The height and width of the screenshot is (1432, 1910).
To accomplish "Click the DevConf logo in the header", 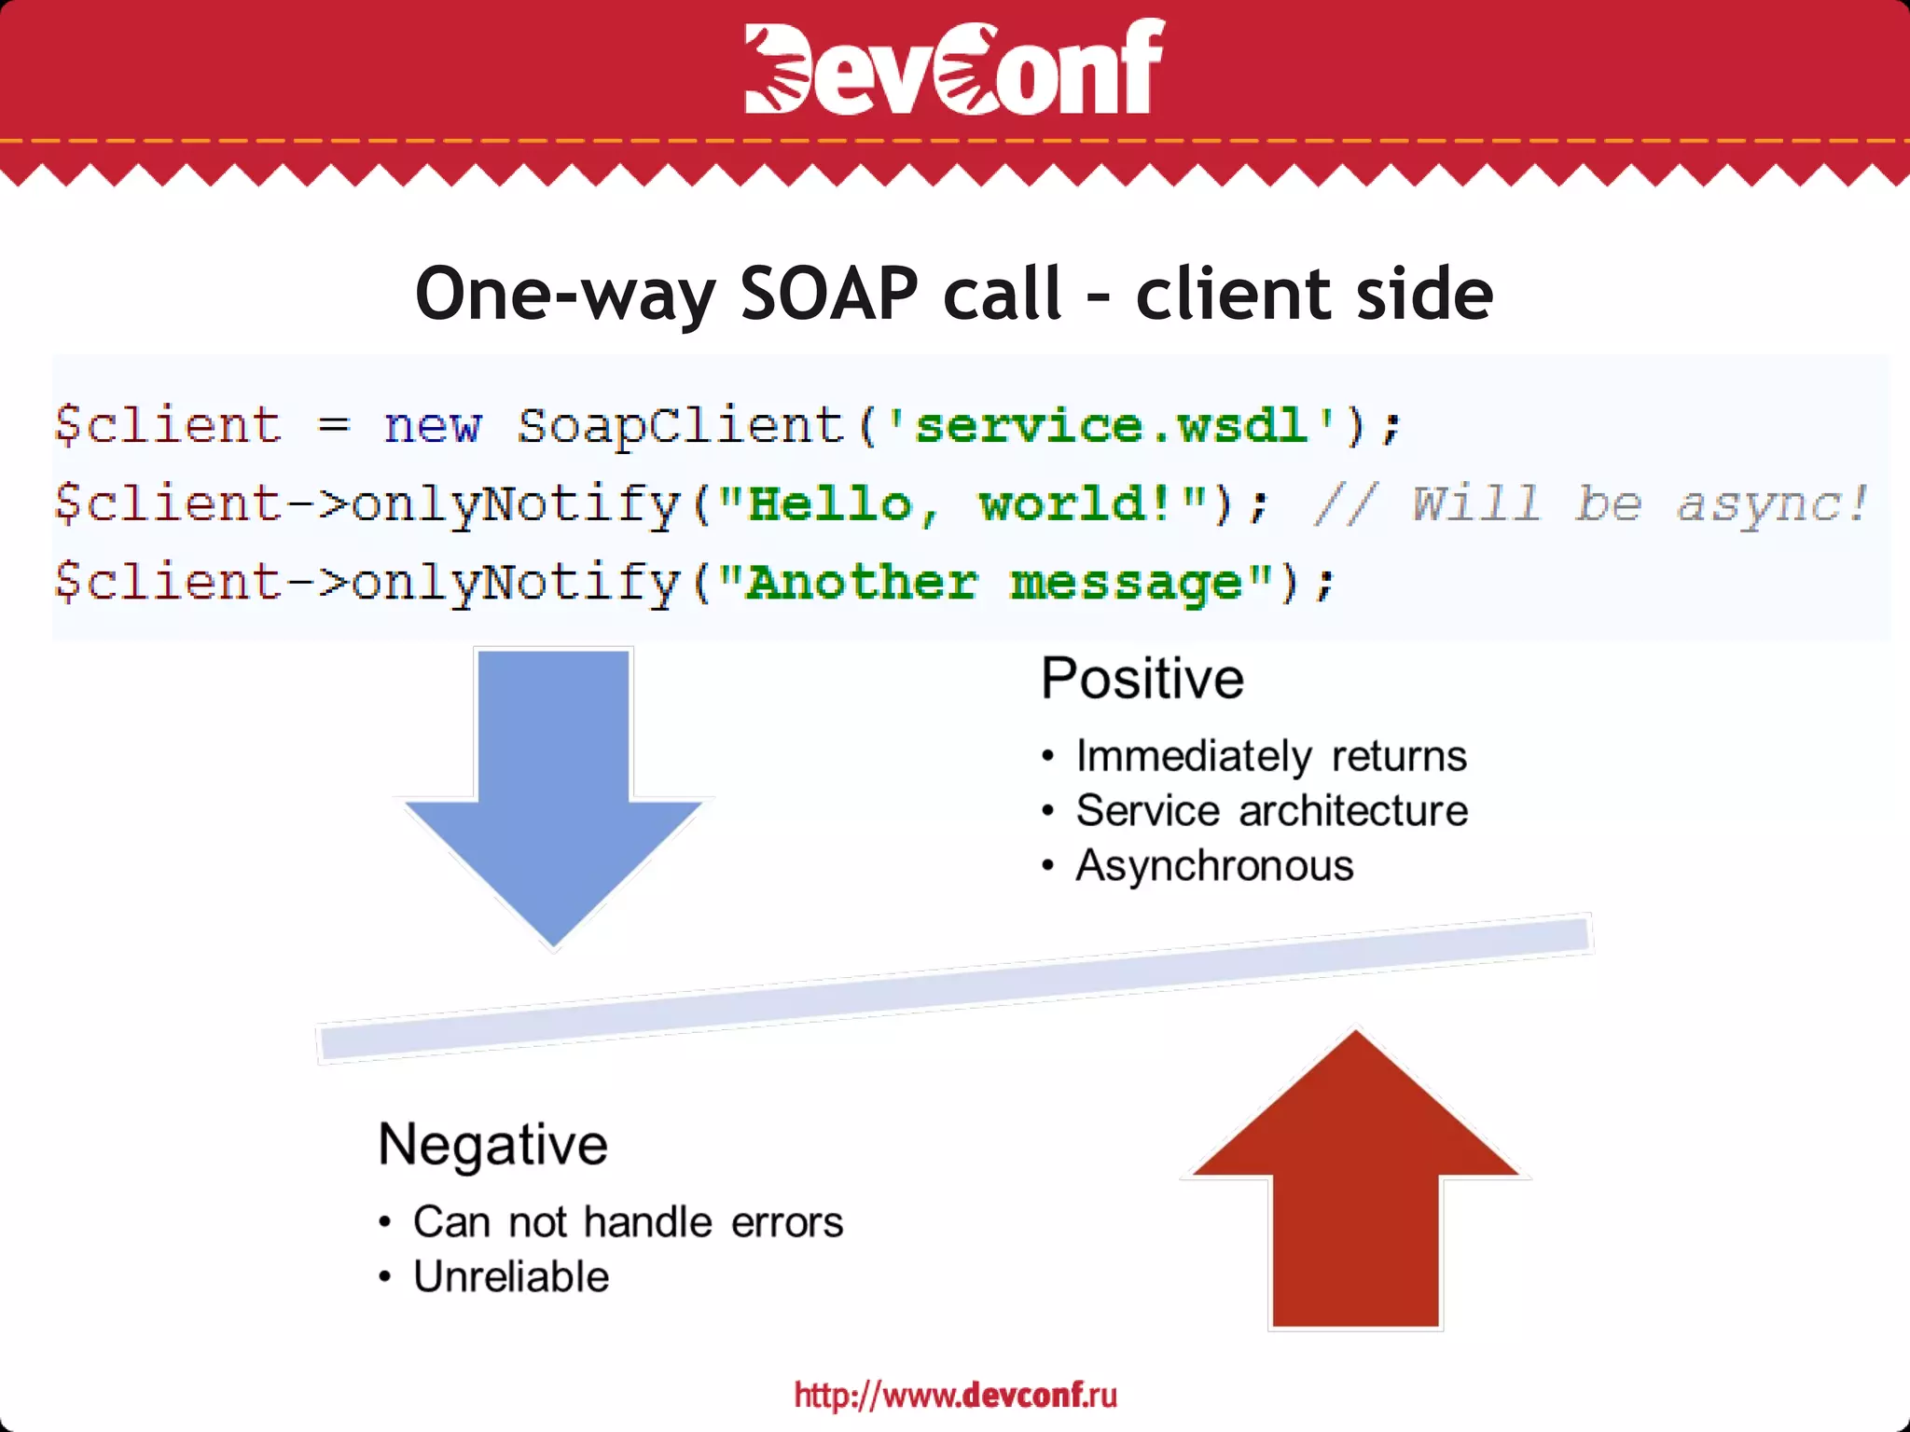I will tap(954, 67).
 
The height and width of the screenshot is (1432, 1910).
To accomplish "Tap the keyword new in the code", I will tap(432, 427).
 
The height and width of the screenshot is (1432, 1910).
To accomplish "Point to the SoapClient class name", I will tap(680, 427).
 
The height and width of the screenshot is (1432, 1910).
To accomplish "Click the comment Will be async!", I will tap(1590, 504).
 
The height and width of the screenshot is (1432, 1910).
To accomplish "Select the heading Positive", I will tap(1142, 678).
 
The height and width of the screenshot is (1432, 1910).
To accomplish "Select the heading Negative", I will tap(492, 1144).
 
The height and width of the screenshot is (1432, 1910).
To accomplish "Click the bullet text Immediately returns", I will tap(1270, 755).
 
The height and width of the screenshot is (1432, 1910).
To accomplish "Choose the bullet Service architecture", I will tap(1271, 810).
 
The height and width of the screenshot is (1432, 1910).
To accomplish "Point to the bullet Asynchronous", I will tap(1214, 865).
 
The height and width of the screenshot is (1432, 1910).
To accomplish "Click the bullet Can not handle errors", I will tap(628, 1221).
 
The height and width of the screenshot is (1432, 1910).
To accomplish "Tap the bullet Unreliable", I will tap(511, 1276).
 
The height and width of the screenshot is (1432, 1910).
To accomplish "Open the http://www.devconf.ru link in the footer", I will tap(955, 1395).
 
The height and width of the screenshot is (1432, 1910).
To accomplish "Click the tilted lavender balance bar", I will tap(955, 989).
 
